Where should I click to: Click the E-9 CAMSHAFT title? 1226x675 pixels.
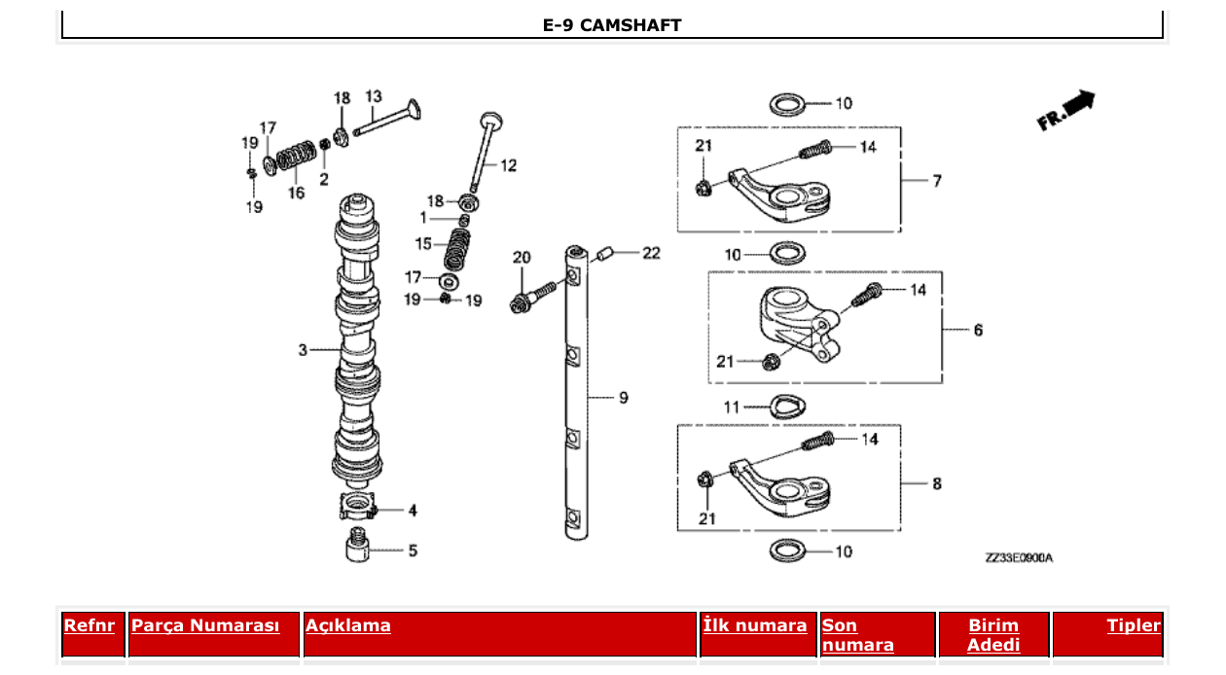tap(611, 25)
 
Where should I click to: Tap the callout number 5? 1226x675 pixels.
tap(413, 551)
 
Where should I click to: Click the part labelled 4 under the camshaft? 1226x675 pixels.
tap(358, 507)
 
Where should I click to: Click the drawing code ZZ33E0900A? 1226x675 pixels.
tap(1018, 558)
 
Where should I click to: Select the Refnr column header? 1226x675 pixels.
tap(90, 625)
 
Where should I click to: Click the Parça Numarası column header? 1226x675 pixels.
tap(205, 625)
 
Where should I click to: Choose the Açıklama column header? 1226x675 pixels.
tap(348, 625)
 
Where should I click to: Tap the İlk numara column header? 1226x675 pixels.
tap(755, 625)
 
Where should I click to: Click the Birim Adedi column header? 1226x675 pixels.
tap(993, 634)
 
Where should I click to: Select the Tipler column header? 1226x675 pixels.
tap(1134, 625)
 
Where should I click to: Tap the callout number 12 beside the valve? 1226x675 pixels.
tap(508, 165)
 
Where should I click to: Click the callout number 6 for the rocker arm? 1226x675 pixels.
tap(978, 330)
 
